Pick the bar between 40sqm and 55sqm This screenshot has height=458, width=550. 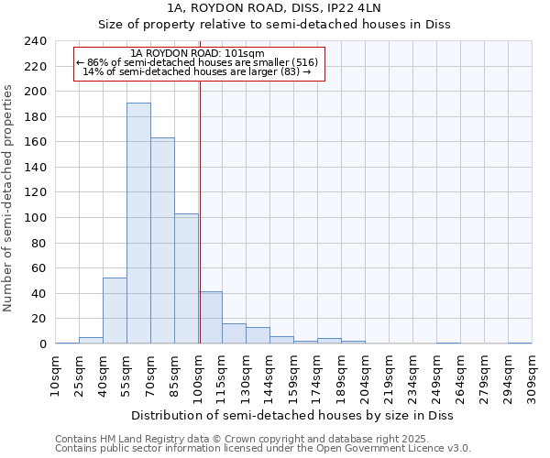115,311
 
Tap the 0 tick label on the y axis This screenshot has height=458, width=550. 42,344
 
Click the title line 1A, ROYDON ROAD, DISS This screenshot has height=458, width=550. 274,8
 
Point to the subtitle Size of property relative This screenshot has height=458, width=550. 274,25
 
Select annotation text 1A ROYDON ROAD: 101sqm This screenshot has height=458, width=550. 197,53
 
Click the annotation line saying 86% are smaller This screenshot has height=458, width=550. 197,62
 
